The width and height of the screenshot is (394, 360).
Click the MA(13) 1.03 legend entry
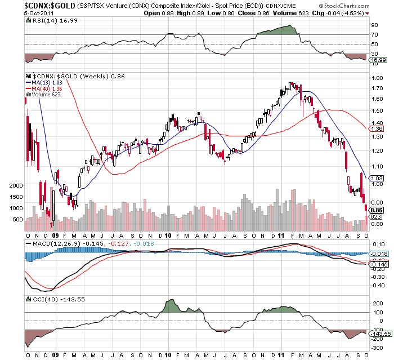(x=47, y=82)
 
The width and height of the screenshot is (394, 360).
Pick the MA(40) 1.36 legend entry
(x=47, y=88)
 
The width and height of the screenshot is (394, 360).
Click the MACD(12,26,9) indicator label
(x=54, y=243)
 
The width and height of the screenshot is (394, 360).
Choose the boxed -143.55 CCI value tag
(x=379, y=334)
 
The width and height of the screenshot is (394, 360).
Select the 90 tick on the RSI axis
(x=373, y=25)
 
